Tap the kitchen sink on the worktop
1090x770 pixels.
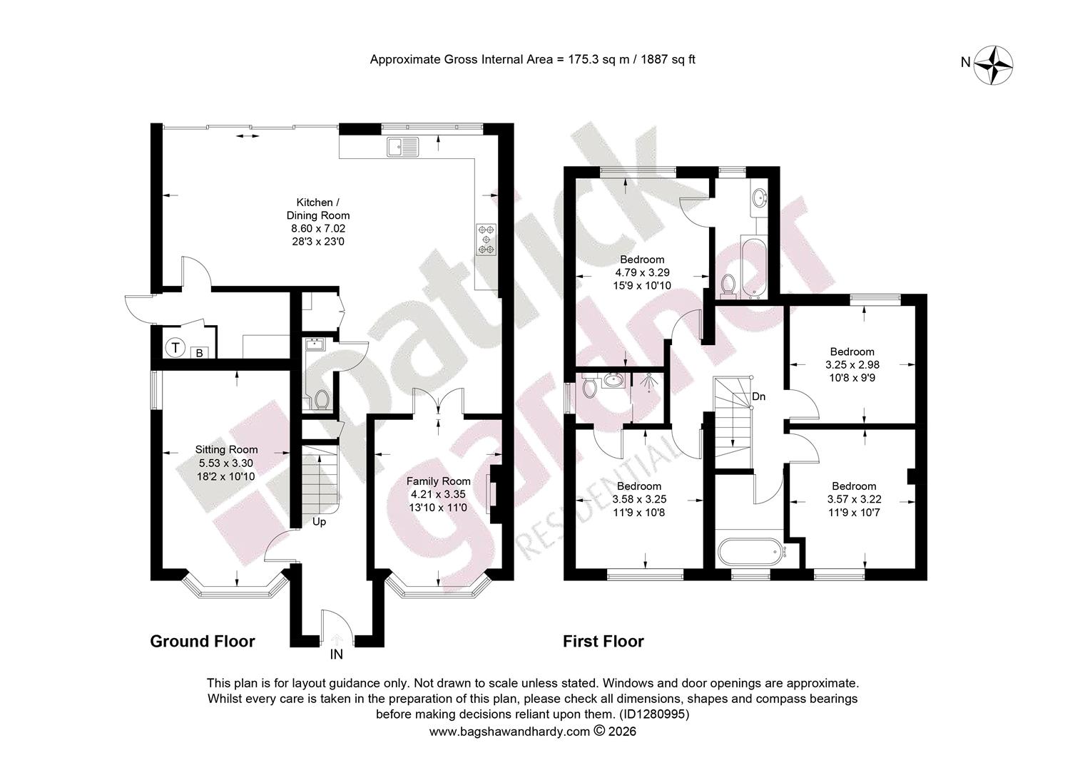click(403, 146)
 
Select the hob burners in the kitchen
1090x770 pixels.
click(487, 240)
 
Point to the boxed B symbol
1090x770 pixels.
click(200, 353)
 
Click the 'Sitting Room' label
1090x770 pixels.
click(226, 450)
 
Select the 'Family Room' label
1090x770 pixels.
click(439, 481)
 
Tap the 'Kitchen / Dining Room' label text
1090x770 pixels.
click(317, 209)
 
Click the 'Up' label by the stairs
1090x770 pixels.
click(319, 522)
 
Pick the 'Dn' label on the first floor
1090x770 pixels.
click(758, 396)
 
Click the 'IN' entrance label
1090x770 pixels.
click(336, 654)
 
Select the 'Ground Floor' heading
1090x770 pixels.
click(203, 641)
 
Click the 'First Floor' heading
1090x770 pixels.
click(603, 641)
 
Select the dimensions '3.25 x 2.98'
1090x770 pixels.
click(852, 364)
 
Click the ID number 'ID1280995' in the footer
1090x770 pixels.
click(653, 714)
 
